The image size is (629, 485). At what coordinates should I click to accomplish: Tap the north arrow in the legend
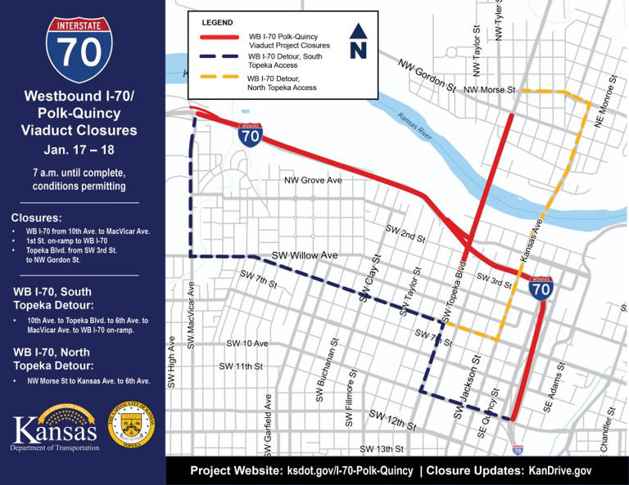pyautogui.click(x=358, y=41)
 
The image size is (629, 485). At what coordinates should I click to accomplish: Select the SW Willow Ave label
pyautogui.click(x=305, y=255)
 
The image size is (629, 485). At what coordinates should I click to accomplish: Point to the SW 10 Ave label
pyautogui.click(x=247, y=343)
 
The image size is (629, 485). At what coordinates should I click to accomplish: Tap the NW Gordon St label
pyautogui.click(x=428, y=74)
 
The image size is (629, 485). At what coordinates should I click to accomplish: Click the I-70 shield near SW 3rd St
pyautogui.click(x=541, y=288)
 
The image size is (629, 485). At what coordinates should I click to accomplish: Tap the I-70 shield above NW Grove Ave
pyautogui.click(x=251, y=135)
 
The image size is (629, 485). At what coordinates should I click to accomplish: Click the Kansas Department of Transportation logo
pyautogui.click(x=55, y=432)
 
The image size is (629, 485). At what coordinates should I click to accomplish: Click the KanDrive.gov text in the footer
pyautogui.click(x=561, y=471)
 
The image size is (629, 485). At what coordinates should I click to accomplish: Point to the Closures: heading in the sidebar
pyautogui.click(x=36, y=218)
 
